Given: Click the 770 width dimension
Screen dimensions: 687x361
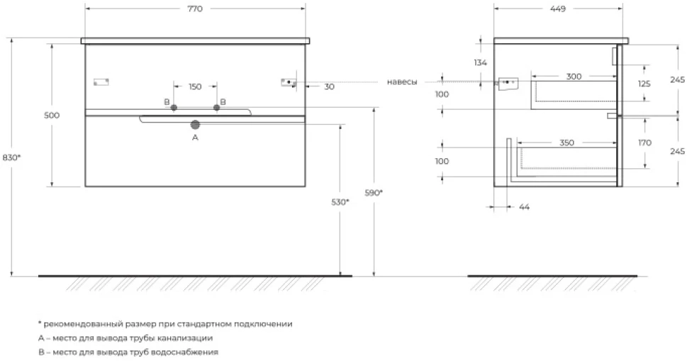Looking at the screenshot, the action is [195, 9].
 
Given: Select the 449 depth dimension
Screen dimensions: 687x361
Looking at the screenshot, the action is [558, 9].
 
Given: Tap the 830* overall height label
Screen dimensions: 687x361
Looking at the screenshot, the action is [11, 157].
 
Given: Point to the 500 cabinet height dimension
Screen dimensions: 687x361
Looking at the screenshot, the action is [52, 115].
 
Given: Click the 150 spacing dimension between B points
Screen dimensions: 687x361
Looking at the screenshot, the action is [195, 87].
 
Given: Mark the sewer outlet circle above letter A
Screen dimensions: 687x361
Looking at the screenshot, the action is [195, 125].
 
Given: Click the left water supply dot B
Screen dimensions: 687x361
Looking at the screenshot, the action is [174, 107].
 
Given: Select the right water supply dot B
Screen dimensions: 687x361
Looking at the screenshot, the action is [216, 107].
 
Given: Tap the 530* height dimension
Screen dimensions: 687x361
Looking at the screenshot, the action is [340, 202].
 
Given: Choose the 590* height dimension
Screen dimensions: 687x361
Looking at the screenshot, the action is [374, 192].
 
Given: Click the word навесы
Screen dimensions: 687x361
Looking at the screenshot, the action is [402, 82].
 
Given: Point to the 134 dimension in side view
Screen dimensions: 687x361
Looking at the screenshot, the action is [480, 62].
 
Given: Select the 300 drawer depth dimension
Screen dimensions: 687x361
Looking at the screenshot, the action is [574, 77].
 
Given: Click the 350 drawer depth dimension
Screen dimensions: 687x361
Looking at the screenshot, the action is [566, 143].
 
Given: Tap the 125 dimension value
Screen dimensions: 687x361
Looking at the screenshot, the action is [644, 84].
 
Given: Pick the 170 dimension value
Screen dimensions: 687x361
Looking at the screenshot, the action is [645, 143].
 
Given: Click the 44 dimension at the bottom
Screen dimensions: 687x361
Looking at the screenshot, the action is [524, 206].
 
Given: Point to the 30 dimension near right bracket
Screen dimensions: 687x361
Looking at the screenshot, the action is [329, 87].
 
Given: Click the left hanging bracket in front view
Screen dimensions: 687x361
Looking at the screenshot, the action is [101, 82].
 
